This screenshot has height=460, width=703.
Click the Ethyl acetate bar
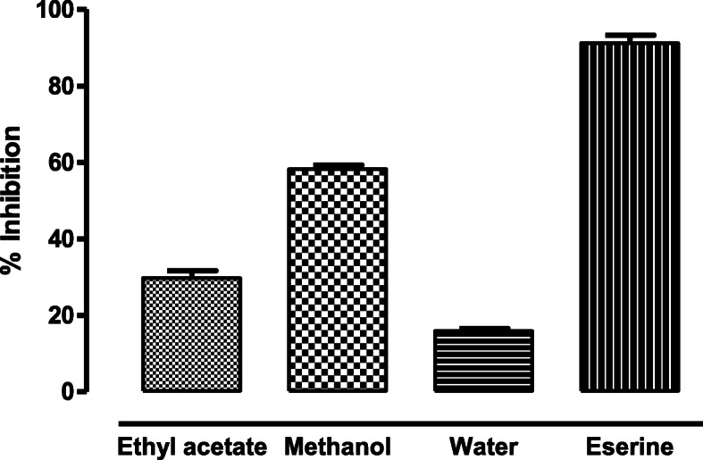[191, 335]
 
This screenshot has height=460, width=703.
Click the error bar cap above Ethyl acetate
[191, 270]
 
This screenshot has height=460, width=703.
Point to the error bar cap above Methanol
[338, 165]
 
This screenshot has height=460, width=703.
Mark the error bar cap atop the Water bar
[483, 329]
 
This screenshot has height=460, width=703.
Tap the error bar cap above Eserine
[630, 36]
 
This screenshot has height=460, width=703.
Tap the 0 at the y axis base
[69, 391]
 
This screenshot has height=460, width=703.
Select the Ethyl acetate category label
[191, 445]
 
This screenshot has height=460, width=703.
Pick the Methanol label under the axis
[338, 445]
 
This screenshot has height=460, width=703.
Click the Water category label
[483, 445]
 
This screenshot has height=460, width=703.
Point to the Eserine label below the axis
[630, 445]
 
